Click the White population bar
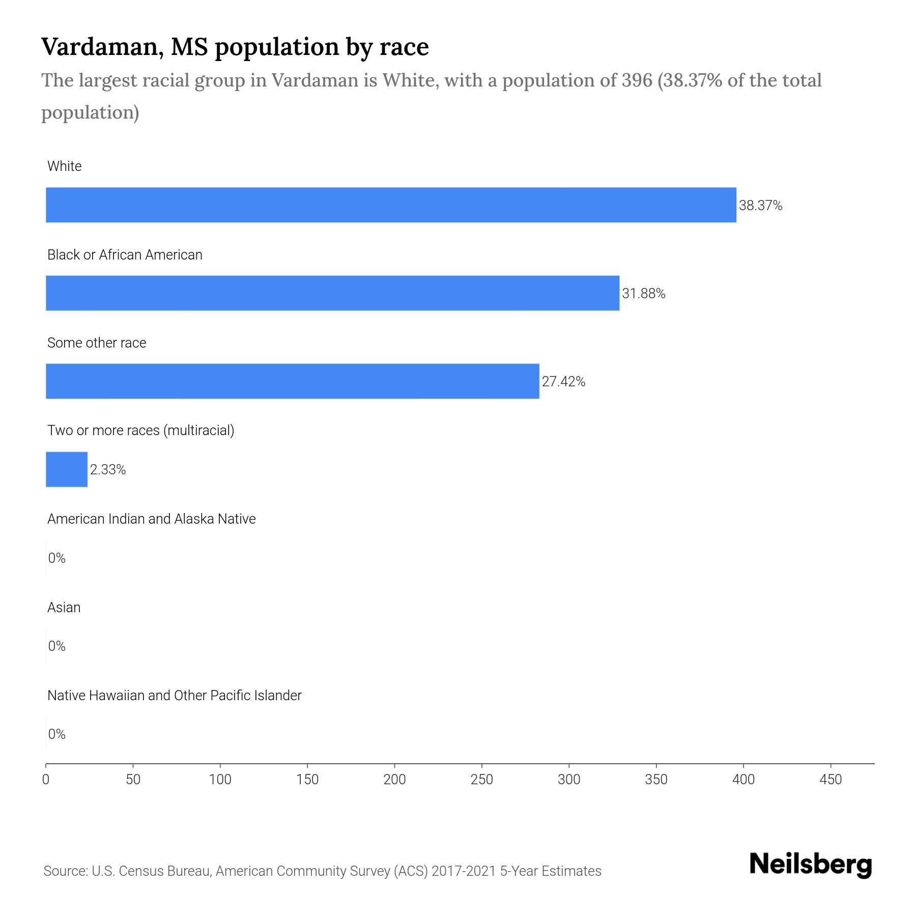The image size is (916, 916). pos(391,205)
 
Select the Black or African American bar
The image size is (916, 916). pos(332,293)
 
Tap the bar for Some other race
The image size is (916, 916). pos(292,381)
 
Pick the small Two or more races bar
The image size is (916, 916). pos(67,469)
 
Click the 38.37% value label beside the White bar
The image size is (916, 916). pos(760,206)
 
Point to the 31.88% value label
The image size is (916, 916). pos(643,294)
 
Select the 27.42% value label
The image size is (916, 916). pos(563,382)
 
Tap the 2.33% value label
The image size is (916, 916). pos(108,470)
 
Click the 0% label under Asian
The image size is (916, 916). pos(57,646)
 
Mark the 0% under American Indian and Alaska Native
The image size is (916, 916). pos(57,558)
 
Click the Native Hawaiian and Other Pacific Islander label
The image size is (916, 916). pos(174,695)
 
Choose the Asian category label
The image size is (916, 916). pos(64,607)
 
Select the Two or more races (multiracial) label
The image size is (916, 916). pos(140,431)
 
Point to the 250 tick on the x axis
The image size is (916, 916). pos(481,779)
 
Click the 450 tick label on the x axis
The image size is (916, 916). pos(831,779)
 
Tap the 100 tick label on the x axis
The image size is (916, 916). pos(220,779)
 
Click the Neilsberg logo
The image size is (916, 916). pos(811,865)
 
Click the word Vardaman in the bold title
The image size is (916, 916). pos(102,47)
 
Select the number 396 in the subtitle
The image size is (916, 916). pos(637,80)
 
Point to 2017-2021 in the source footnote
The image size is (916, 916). pos(464,871)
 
